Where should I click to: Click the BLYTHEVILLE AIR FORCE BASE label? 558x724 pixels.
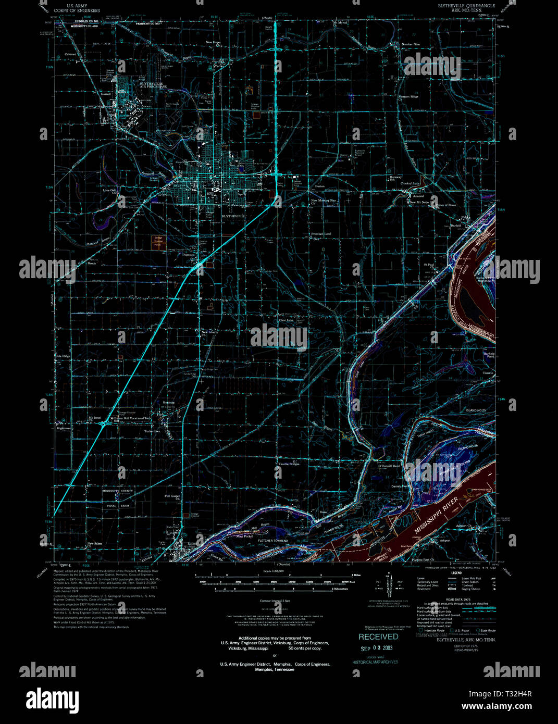pyautogui.click(x=153, y=84)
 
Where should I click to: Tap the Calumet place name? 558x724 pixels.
pyautogui.click(x=70, y=54)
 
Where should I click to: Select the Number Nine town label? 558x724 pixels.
pyautogui.click(x=410, y=44)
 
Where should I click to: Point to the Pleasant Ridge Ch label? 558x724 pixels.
pyautogui.click(x=408, y=97)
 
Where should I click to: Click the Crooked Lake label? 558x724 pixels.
pyautogui.click(x=409, y=183)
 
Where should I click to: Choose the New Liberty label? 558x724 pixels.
pyautogui.click(x=210, y=331)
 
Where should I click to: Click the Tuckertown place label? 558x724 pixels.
pyautogui.click(x=152, y=431)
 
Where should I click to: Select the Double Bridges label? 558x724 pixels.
pyautogui.click(x=289, y=464)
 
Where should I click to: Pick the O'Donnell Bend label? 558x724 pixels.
pyautogui.click(x=389, y=466)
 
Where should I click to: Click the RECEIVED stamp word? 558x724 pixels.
pyautogui.click(x=378, y=636)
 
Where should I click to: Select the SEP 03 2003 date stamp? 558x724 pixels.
pyautogui.click(x=377, y=648)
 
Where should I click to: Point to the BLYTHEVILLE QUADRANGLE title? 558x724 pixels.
pyautogui.click(x=459, y=6)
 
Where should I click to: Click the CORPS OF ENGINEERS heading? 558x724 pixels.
pyautogui.click(x=77, y=10)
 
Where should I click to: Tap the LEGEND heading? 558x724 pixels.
pyautogui.click(x=456, y=572)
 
